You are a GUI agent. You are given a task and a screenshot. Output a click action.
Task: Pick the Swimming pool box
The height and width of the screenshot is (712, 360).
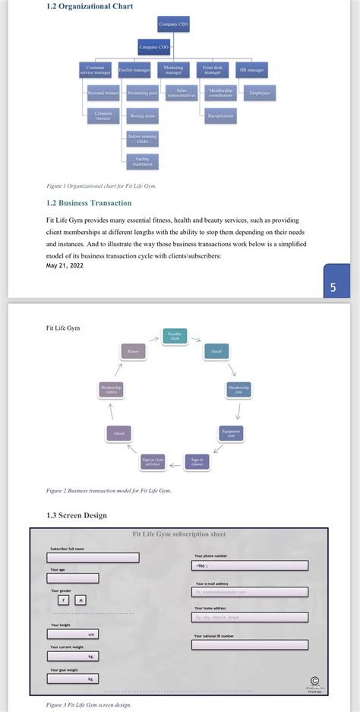(x=143, y=93)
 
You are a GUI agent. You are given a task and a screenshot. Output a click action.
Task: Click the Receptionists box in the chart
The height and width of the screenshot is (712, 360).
(x=221, y=116)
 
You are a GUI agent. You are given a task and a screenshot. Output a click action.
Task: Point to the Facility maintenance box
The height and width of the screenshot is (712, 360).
(x=143, y=161)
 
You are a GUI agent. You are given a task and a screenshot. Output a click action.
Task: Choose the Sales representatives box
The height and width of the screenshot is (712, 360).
(x=182, y=93)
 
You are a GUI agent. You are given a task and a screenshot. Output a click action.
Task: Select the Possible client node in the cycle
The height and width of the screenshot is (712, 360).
(x=175, y=336)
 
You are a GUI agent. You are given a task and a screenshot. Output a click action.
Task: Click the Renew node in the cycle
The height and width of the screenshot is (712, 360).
(x=133, y=351)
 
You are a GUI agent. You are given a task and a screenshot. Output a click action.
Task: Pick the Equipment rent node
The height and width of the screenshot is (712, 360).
(x=230, y=432)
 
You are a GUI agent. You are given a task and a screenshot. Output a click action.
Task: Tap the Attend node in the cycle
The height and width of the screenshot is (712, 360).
(x=119, y=432)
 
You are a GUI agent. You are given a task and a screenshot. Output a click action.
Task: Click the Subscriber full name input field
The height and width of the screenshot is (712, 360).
(x=93, y=557)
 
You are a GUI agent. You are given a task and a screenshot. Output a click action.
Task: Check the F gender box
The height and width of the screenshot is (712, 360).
(x=64, y=600)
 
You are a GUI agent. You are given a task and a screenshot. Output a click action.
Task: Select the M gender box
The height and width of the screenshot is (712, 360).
(x=81, y=600)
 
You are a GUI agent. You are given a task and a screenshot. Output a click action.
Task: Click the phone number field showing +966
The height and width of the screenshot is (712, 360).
(x=251, y=565)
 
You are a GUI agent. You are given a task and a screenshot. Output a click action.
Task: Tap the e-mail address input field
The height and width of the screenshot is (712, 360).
(x=251, y=592)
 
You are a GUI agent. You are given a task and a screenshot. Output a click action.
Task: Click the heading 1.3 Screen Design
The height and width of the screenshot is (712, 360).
(x=76, y=515)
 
